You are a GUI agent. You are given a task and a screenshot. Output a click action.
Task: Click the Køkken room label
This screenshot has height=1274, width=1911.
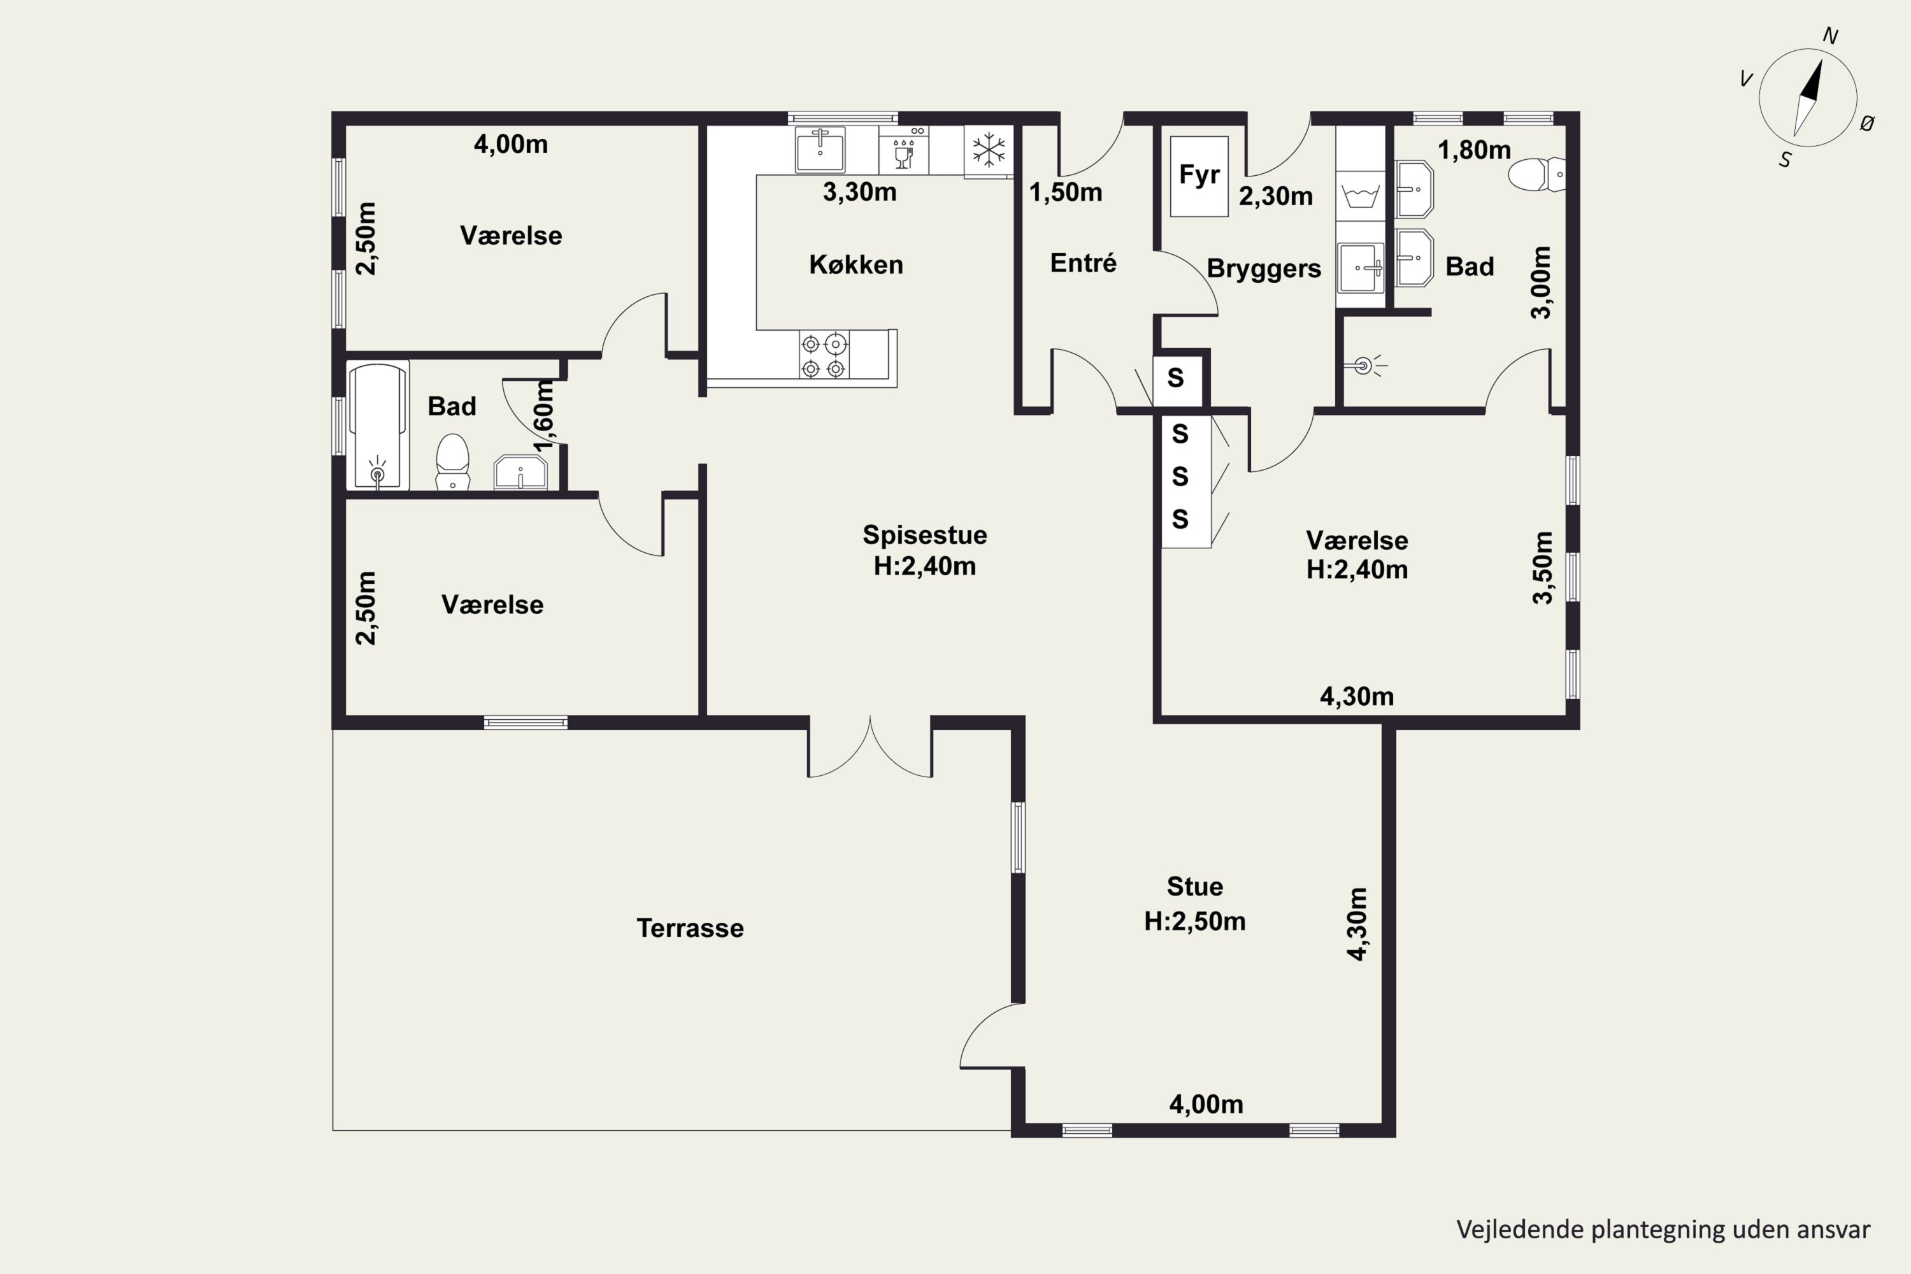click(x=855, y=264)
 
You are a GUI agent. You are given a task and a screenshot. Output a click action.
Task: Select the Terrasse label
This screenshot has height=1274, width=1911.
click(x=690, y=928)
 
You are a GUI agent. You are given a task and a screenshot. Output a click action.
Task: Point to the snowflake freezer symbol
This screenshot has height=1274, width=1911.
click(x=989, y=150)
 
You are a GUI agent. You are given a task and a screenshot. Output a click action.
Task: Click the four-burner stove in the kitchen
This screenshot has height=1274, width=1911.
click(x=823, y=355)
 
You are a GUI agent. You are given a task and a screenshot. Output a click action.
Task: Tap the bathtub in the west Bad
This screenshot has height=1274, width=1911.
click(x=378, y=426)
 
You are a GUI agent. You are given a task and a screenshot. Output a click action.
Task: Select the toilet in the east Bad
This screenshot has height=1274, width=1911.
click(x=1536, y=174)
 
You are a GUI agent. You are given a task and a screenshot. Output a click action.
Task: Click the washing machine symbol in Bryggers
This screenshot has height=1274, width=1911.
click(x=1360, y=196)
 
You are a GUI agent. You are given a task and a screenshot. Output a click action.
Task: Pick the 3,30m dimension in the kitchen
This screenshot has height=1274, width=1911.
click(x=859, y=192)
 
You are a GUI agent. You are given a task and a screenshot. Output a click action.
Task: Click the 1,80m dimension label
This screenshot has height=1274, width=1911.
click(x=1474, y=150)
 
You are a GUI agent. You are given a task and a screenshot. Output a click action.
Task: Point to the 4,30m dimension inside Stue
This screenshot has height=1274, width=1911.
click(x=1357, y=924)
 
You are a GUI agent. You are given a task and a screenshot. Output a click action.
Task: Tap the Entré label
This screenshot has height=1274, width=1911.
click(x=1083, y=262)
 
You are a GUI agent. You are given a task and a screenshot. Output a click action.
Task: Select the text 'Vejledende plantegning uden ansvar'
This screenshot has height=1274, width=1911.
click(x=1663, y=1229)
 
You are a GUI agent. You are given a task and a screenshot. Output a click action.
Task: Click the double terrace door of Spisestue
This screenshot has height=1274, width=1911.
click(x=870, y=747)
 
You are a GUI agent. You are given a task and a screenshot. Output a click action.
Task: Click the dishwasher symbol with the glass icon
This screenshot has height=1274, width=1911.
click(x=903, y=150)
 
